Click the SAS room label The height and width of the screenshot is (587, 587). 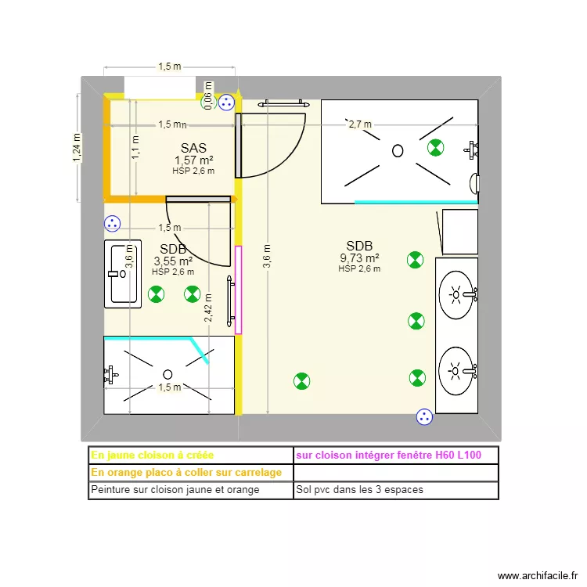pyautogui.click(x=193, y=148)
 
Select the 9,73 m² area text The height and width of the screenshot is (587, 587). pyautogui.click(x=359, y=258)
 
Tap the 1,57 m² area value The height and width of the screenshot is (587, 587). pyautogui.click(x=193, y=160)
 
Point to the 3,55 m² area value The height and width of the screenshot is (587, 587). pyautogui.click(x=173, y=261)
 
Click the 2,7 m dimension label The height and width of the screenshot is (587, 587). pyautogui.click(x=359, y=124)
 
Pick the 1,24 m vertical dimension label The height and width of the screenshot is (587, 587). pyautogui.click(x=77, y=148)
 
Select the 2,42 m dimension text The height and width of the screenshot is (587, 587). pyautogui.click(x=208, y=307)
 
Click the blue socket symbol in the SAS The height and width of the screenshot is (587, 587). pyautogui.click(x=226, y=102)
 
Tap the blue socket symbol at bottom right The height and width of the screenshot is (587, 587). pyautogui.click(x=423, y=417)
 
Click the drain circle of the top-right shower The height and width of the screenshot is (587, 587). pyautogui.click(x=398, y=151)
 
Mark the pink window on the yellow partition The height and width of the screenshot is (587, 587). pyautogui.click(x=239, y=290)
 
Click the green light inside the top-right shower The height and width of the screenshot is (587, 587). pyautogui.click(x=434, y=146)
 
